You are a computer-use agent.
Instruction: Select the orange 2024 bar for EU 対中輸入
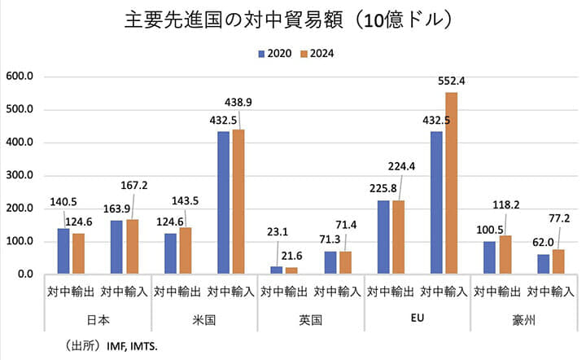tap(451, 183)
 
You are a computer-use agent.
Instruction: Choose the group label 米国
tap(204, 320)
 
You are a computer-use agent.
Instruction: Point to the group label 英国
tap(311, 320)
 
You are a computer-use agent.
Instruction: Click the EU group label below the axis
tap(418, 319)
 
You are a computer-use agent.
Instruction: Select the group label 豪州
tap(525, 320)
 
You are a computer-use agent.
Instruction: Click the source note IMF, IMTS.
tap(134, 345)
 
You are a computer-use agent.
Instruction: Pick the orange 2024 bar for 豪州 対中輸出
tap(505, 255)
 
